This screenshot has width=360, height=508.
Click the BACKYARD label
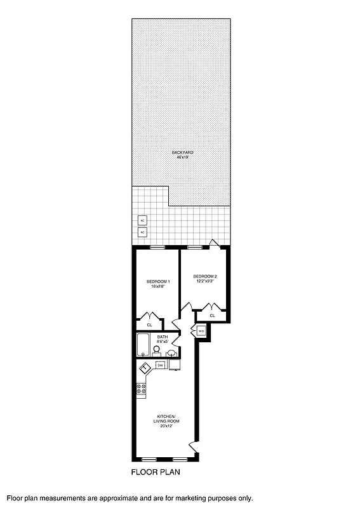coord(182,152)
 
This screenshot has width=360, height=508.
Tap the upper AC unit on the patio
coord(143,220)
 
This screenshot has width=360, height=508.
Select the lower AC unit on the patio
coord(143,232)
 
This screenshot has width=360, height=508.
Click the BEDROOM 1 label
coord(157,281)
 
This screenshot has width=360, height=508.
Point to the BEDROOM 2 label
coord(205,276)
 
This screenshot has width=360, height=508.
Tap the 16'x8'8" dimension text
coord(157,286)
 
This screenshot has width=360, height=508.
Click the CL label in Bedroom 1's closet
coord(149,324)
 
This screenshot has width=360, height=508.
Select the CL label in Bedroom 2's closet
coord(213,315)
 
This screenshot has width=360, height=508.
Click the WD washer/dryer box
coord(201,331)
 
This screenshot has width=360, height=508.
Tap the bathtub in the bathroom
coord(142,347)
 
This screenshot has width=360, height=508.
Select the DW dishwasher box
coord(161,365)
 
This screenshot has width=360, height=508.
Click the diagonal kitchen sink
coord(145,368)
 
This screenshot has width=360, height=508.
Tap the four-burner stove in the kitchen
coord(141,388)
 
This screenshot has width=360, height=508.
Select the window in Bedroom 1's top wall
coord(157,246)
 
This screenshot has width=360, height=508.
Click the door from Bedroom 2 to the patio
coord(215,243)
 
